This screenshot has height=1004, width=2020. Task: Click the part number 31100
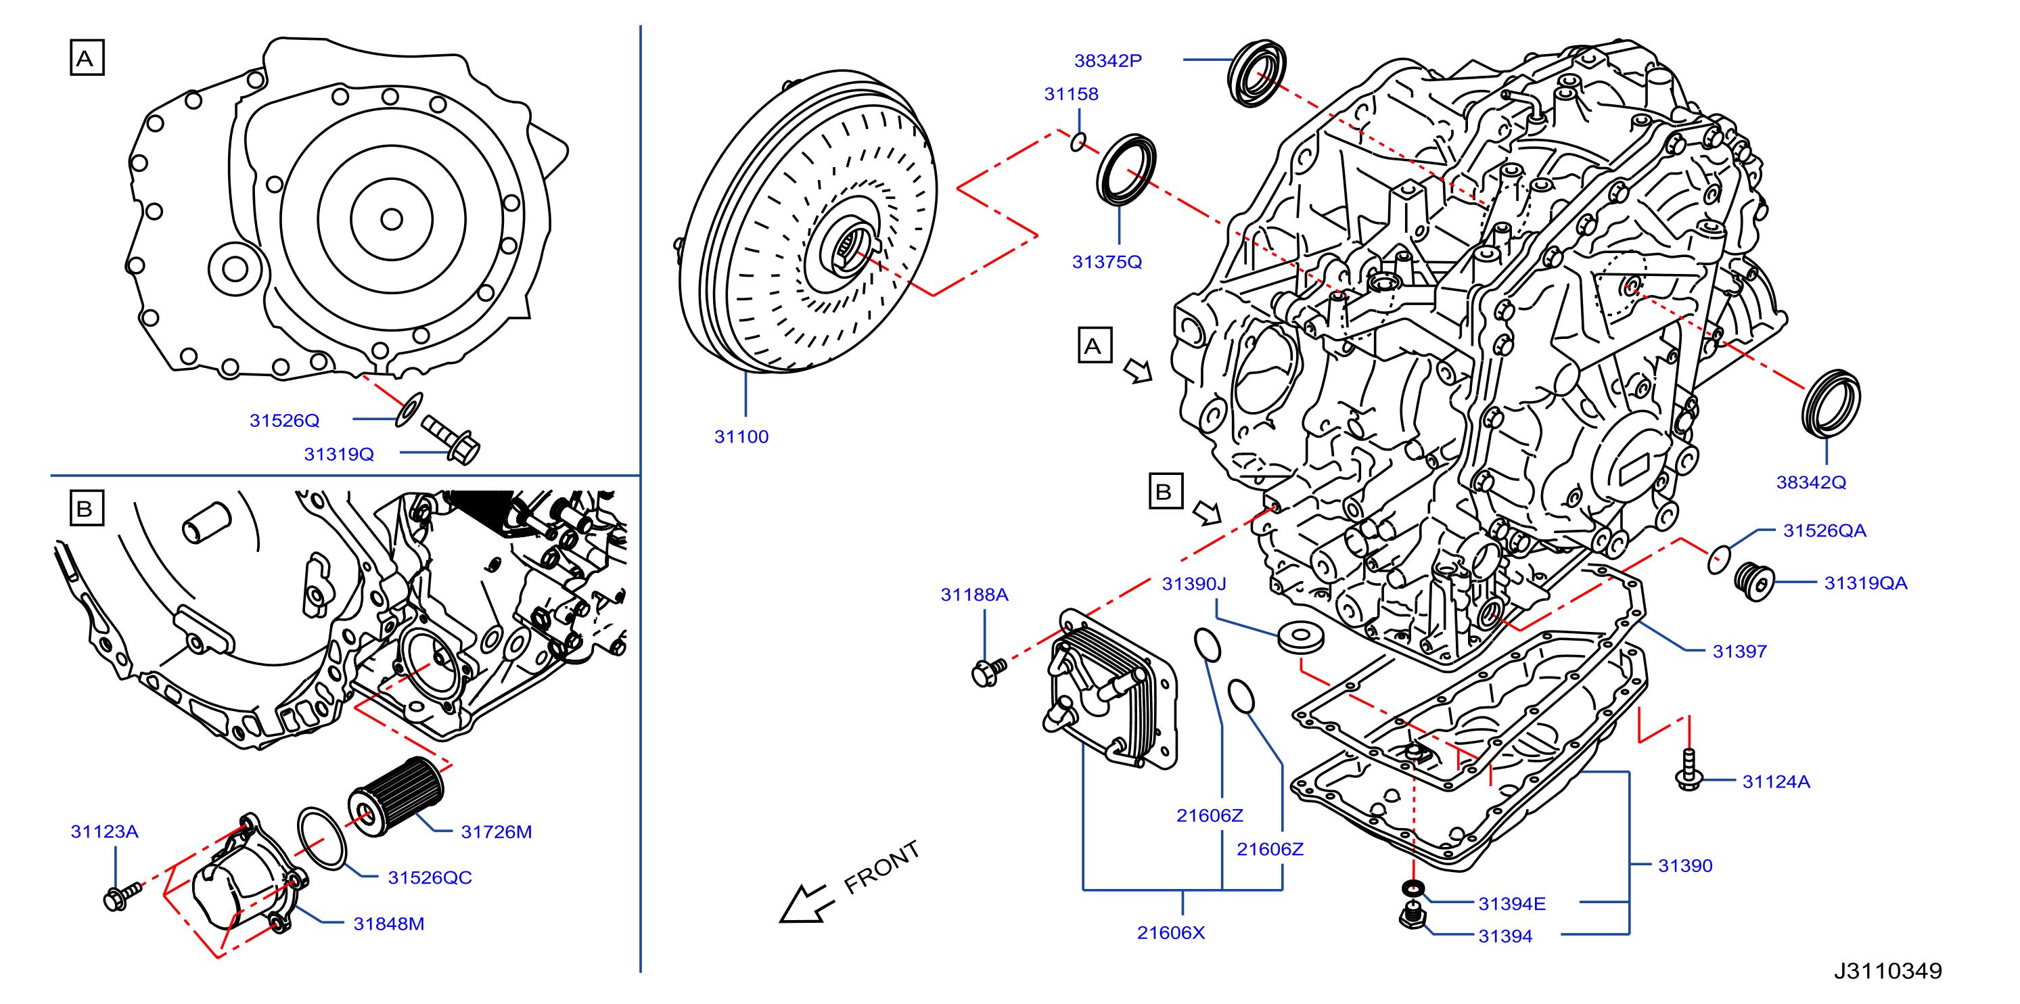tap(741, 437)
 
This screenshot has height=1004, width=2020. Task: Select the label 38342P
tap(1108, 60)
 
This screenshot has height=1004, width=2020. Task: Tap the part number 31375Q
tap(1107, 262)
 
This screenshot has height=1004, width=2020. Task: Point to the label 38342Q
tap(1811, 482)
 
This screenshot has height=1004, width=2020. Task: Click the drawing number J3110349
tap(1887, 971)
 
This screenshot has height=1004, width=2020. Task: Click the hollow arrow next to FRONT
tap(807, 903)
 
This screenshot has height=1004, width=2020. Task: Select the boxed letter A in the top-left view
tap(87, 58)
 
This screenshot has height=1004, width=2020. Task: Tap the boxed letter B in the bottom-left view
tap(87, 508)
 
